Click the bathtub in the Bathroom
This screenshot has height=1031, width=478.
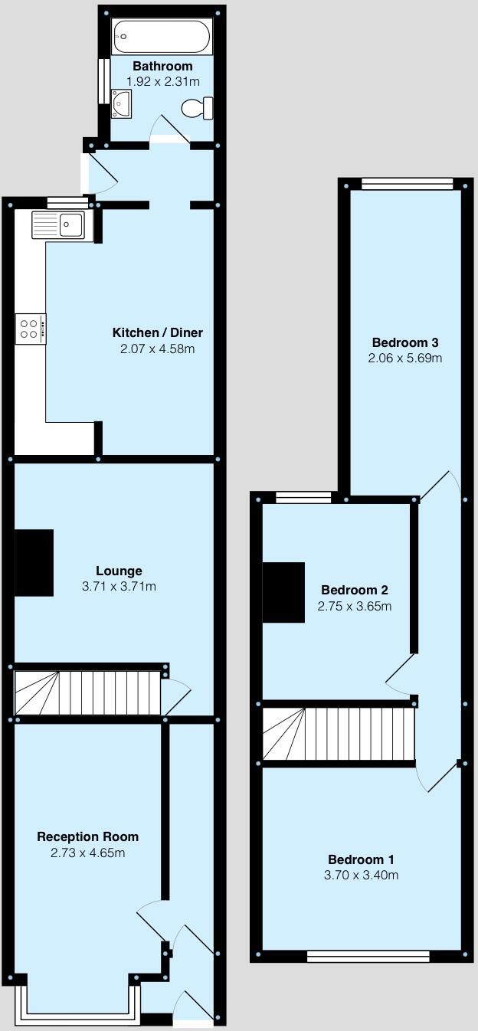162,36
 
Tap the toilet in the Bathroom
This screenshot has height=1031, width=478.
197,109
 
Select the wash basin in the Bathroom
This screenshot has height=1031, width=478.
121,103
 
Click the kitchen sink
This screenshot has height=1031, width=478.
61,225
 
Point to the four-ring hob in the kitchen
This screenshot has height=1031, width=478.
30,329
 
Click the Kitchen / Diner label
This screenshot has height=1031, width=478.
158,332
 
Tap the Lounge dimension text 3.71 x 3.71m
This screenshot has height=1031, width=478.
119,587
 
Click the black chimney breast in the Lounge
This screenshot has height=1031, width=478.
34,562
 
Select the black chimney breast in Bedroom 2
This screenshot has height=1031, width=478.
283,592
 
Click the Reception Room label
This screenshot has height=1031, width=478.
88,836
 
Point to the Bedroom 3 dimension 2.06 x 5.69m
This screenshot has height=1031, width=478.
405,358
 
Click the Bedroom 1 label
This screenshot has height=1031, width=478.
362,859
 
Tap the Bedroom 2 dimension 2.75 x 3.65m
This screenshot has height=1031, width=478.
355,606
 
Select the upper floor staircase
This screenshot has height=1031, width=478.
338,734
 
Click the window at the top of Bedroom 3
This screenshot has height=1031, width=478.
407,183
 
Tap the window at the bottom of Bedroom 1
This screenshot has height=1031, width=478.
368,955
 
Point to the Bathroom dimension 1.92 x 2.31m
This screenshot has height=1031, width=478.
163,81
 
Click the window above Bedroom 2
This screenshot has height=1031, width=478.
303,498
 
